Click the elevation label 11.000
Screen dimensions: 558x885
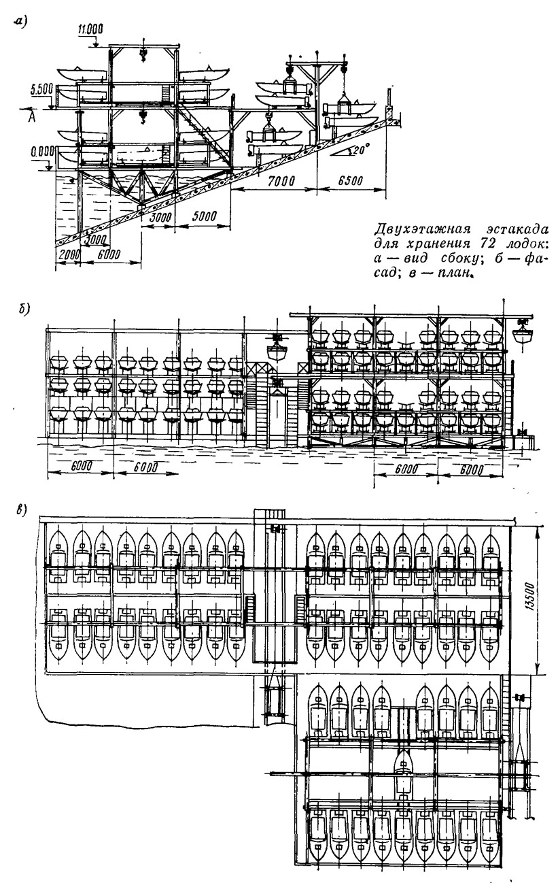pyautogui.click(x=90, y=29)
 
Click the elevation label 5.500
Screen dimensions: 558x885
pyautogui.click(x=40, y=90)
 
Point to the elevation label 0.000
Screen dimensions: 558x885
pyautogui.click(x=41, y=152)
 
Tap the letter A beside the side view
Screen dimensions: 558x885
pyautogui.click(x=31, y=118)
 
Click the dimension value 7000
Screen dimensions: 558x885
pyautogui.click(x=281, y=181)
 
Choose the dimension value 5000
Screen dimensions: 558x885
pyautogui.click(x=205, y=216)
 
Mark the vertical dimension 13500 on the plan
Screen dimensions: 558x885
pyautogui.click(x=531, y=597)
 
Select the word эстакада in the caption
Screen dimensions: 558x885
pyautogui.click(x=517, y=229)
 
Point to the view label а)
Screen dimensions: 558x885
pyautogui.click(x=19, y=23)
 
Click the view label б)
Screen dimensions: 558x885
pyautogui.click(x=24, y=310)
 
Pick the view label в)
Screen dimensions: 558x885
pyautogui.click(x=20, y=510)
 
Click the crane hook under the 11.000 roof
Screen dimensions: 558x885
pyautogui.click(x=143, y=56)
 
